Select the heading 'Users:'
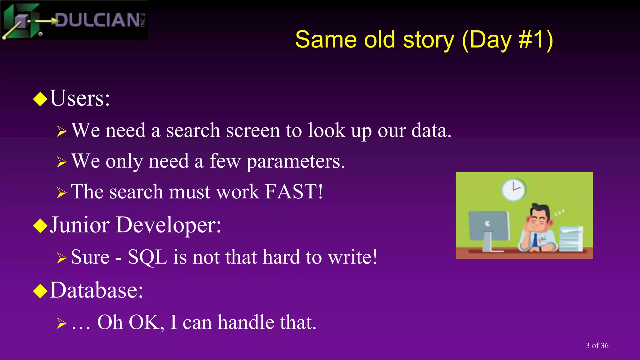(80, 98)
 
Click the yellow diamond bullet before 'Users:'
(40, 99)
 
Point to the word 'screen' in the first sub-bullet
(253, 130)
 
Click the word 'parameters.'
(296, 162)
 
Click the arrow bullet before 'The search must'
(62, 192)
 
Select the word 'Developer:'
(168, 225)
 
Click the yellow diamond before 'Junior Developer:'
(40, 226)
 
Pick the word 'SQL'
(147, 257)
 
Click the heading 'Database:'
(96, 290)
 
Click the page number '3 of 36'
(597, 346)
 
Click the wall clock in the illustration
(513, 189)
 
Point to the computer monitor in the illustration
(488, 226)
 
